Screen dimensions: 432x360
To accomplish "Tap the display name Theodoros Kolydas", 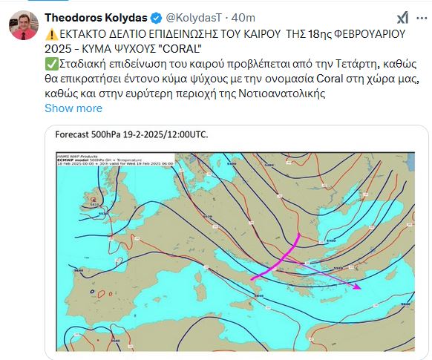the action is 96,17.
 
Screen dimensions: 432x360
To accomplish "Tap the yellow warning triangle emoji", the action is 51,33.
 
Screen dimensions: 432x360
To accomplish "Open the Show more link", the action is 73,108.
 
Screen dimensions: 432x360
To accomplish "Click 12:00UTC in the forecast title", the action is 183,134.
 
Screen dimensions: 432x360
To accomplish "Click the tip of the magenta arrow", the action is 359,287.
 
